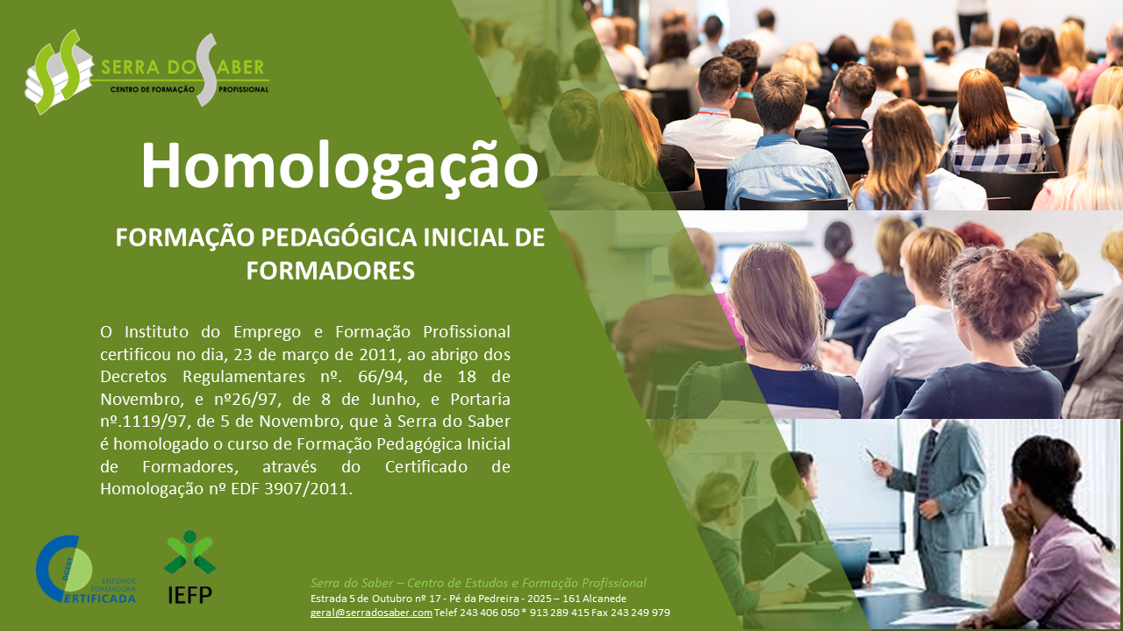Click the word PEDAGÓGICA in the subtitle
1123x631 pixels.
point(339,238)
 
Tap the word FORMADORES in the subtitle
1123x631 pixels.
point(331,271)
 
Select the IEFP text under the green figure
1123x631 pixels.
point(190,595)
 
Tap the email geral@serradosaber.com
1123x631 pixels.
point(371,613)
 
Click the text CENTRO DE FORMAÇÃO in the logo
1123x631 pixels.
point(152,89)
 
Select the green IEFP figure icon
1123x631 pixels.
point(190,552)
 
